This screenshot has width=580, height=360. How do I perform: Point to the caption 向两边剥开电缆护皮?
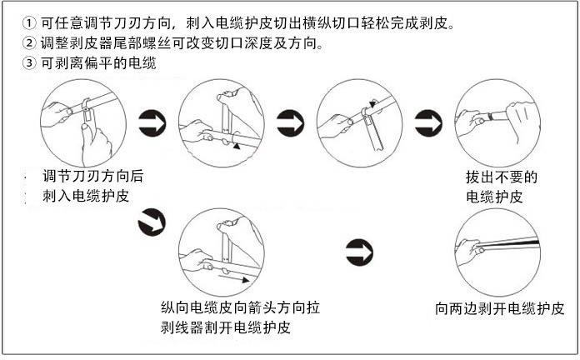coord(500,307)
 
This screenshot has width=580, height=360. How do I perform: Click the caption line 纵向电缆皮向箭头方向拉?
coord(242,307)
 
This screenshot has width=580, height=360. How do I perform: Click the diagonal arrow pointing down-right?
coord(152,221)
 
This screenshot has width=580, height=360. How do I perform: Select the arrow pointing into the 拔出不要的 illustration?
coord(428,122)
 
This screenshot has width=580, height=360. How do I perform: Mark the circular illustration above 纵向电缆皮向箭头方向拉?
coord(222,251)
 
